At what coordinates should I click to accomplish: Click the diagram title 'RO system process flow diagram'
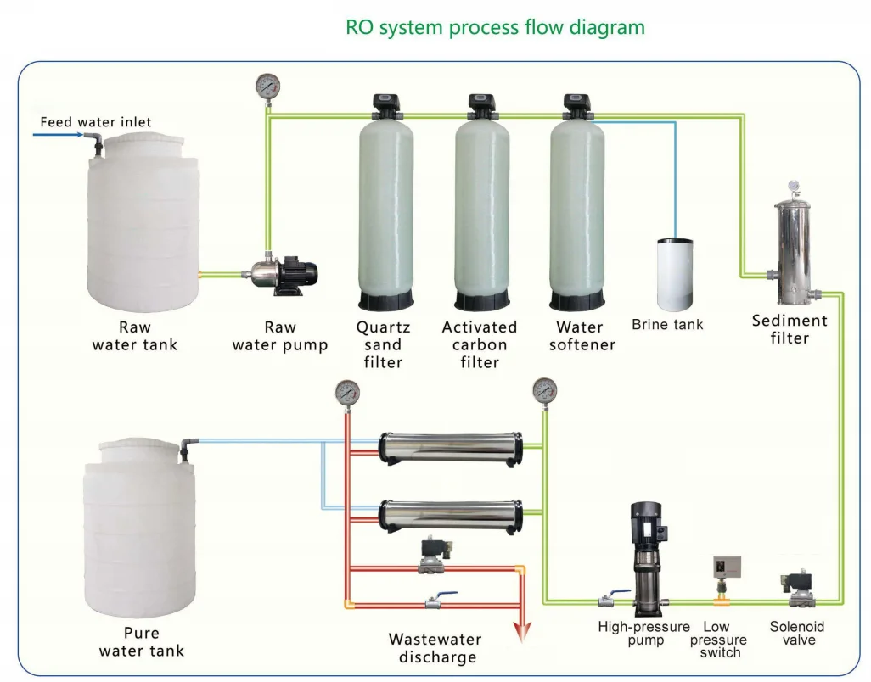pos(495,27)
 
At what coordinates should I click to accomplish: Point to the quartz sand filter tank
pos(386,212)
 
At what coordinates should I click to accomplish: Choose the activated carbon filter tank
pos(481,212)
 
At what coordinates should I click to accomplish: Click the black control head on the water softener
pos(576,105)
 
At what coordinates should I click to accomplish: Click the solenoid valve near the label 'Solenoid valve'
pos(797,590)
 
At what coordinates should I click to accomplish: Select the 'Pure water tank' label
pos(141,642)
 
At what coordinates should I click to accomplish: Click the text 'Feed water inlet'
pos(96,122)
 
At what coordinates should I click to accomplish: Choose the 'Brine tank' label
pos(667,325)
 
